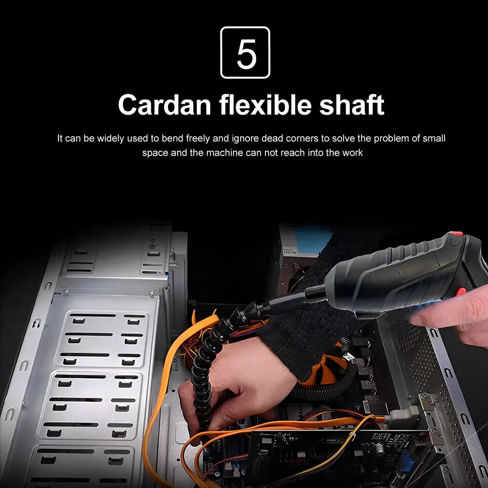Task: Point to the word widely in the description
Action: coord(110,138)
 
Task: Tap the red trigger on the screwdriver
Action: coord(460,292)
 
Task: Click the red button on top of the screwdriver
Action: coord(457,234)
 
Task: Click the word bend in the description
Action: coord(172,138)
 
